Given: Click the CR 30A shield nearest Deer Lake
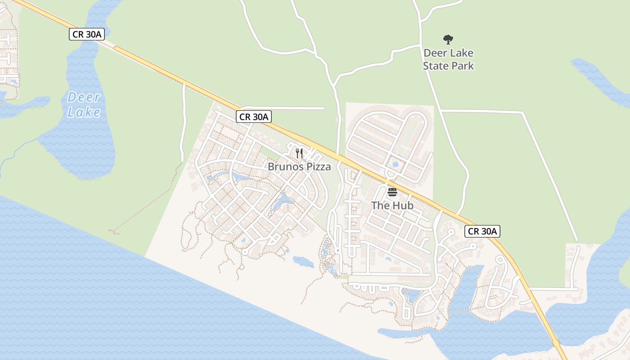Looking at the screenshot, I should click(x=87, y=34).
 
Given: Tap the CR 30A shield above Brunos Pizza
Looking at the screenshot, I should click(x=254, y=117).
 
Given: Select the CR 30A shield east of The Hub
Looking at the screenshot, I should click(x=482, y=231).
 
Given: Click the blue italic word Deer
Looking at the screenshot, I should click(x=84, y=97).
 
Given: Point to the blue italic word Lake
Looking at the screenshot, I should click(x=84, y=112).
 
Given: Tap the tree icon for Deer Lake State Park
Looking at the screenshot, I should click(x=448, y=40).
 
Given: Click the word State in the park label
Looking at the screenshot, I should click(x=438, y=66).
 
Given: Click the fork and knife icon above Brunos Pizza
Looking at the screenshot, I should click(x=299, y=153).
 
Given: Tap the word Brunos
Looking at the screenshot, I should click(x=285, y=167).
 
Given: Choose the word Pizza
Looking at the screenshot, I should click(x=317, y=167).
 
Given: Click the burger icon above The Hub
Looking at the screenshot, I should click(x=392, y=193).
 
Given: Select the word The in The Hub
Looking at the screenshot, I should click(x=379, y=206).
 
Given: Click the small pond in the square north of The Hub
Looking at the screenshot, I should click(x=395, y=165).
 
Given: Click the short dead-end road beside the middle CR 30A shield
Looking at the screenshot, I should click(x=292, y=108).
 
